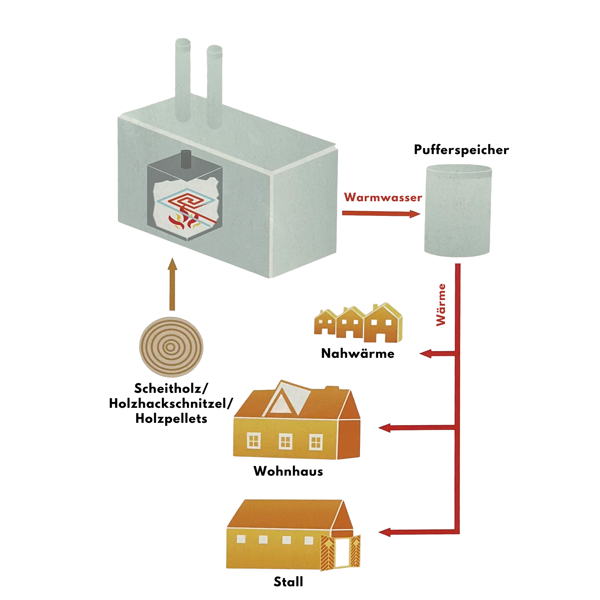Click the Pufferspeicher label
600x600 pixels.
tap(461, 150)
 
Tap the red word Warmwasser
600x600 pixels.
tap(383, 197)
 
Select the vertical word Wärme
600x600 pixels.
tap(441, 305)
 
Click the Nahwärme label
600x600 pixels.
tap(358, 353)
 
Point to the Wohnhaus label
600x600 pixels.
tap(288, 471)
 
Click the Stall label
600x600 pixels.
tap(288, 582)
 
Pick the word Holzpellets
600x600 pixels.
tap(171, 419)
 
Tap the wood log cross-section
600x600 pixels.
tap(171, 347)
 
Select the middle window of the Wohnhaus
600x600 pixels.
tap(285, 442)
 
